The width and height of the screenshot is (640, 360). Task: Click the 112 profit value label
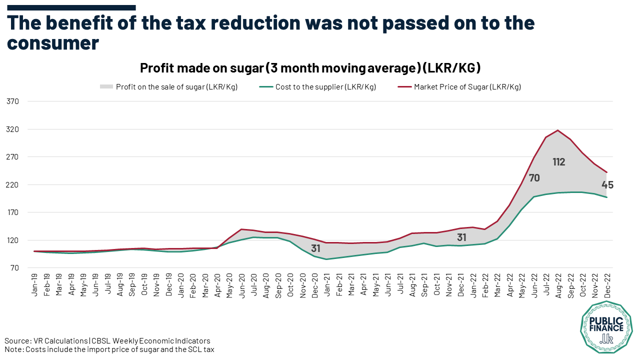(559, 162)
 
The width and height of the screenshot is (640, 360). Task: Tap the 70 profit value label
(534, 178)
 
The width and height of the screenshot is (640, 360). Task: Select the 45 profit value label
(607, 185)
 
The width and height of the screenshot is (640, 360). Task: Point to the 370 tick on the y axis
(12, 101)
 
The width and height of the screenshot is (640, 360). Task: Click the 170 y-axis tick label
(12, 212)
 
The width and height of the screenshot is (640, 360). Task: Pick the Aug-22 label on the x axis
(558, 285)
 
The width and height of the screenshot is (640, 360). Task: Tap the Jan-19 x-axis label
(34, 285)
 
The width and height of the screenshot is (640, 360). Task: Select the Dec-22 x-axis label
(607, 285)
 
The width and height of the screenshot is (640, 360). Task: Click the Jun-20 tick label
(241, 285)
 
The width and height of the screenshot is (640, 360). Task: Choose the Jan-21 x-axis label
(326, 285)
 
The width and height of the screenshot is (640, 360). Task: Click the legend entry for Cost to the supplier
(317, 87)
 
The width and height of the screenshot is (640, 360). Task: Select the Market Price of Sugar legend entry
(459, 87)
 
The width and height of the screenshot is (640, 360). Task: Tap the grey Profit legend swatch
(106, 86)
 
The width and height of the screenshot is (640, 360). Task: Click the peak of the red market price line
(557, 130)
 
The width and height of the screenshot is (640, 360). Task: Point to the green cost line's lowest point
(326, 259)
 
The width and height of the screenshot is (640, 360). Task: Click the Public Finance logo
(606, 327)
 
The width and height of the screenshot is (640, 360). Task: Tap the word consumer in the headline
(53, 43)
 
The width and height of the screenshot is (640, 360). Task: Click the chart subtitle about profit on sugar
(310, 68)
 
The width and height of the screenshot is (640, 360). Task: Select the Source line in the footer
(107, 341)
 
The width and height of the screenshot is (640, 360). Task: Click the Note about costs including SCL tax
(109, 349)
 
